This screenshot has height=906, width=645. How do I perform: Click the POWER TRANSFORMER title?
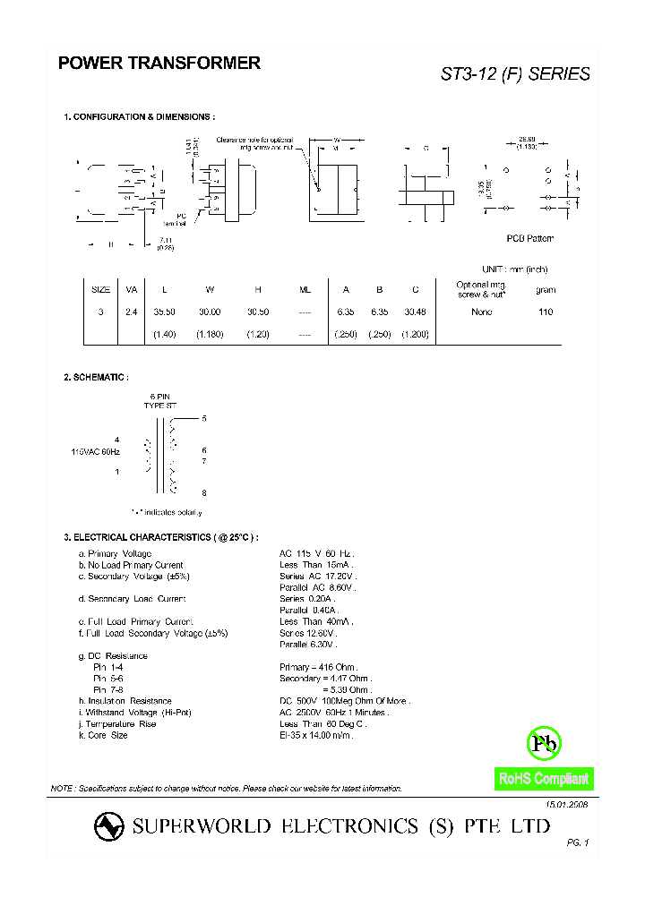159,64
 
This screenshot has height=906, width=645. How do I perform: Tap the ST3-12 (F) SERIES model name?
515,74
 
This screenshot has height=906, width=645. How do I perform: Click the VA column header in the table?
132,290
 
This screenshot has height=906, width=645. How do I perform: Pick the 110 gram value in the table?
546,312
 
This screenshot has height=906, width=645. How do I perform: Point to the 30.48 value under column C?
416,312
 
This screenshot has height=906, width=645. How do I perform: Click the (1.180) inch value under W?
210,334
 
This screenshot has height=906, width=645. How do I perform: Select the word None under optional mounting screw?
482,312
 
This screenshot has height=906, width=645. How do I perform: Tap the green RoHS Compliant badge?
544,779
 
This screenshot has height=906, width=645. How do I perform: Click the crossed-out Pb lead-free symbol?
544,743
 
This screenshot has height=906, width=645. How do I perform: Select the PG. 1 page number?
578,843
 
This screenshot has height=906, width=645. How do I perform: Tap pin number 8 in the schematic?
204,492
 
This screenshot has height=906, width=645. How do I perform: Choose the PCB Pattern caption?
530,238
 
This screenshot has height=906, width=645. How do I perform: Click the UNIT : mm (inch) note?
514,269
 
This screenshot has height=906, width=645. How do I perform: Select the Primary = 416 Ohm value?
318,667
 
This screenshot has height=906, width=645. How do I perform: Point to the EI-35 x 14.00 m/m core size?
316,735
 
